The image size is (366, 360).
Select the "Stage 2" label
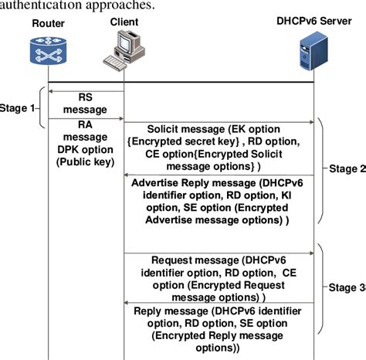coord(347,168)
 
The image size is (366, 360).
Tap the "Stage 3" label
coord(347,288)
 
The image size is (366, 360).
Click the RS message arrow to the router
coord(85,91)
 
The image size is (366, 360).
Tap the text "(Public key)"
coord(85,162)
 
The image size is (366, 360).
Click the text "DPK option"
coord(85,150)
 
